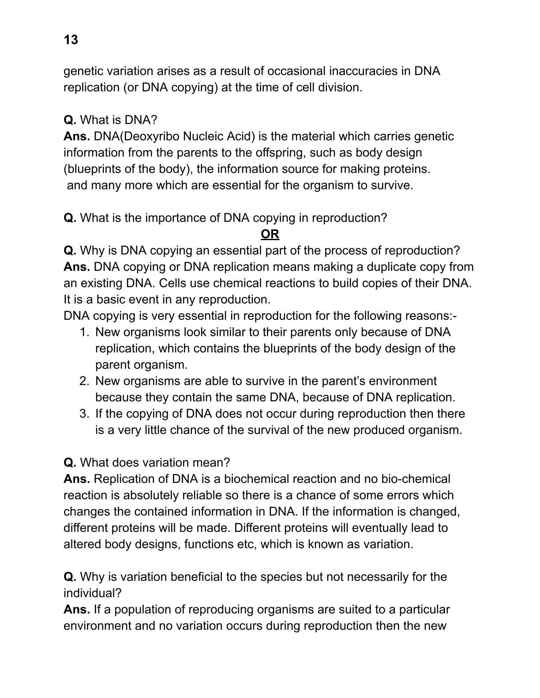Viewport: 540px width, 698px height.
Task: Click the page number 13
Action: (x=71, y=40)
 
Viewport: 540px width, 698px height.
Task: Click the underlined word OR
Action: (x=270, y=234)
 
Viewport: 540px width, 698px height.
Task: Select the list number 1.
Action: (x=84, y=332)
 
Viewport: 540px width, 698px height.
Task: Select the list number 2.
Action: (x=84, y=381)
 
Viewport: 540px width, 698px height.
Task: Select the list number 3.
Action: (x=84, y=413)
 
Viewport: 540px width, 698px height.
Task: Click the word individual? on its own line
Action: (x=92, y=593)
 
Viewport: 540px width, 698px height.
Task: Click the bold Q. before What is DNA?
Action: (x=70, y=120)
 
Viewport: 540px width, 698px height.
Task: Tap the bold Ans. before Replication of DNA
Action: (x=77, y=479)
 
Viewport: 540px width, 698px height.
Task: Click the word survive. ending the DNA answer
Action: (x=389, y=185)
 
